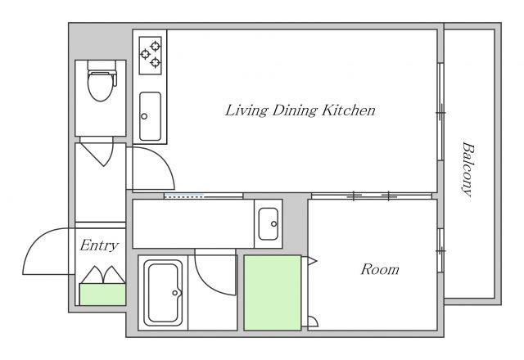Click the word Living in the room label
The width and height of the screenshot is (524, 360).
click(x=246, y=110)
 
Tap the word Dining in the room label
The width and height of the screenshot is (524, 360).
click(x=294, y=110)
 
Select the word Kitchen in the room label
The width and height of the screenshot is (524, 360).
click(x=349, y=110)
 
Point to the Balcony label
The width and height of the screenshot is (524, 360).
click(x=468, y=169)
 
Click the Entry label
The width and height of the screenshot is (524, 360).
click(x=99, y=245)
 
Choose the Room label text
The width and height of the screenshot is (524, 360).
click(x=380, y=269)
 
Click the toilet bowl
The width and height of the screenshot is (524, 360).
click(x=100, y=85)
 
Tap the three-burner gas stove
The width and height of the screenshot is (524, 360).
click(x=151, y=55)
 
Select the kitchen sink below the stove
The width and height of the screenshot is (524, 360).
click(x=150, y=116)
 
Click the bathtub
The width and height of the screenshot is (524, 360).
click(x=163, y=293)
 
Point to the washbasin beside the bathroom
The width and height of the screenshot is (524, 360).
click(x=268, y=223)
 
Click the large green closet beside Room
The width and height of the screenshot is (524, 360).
click(x=273, y=293)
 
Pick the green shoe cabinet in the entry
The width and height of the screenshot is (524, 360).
click(x=102, y=295)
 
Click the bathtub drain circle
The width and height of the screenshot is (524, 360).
click(x=175, y=293)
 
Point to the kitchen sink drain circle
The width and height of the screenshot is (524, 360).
click(x=144, y=116)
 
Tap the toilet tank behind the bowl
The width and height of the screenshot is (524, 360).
click(x=102, y=65)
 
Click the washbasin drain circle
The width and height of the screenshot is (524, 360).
click(x=273, y=223)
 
